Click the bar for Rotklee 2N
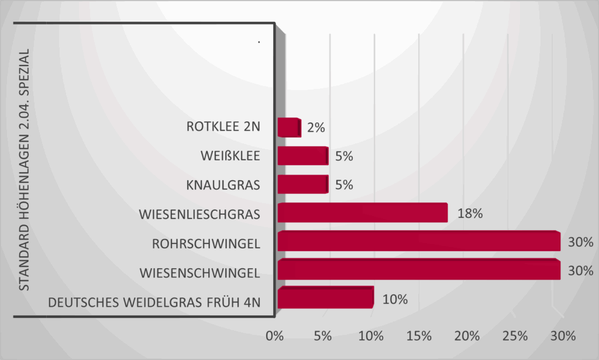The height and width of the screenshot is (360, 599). [288, 128]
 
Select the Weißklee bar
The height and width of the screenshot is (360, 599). [302, 156]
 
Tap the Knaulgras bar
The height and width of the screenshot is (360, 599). [302, 184]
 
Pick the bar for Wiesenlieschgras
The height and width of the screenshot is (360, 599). [363, 213]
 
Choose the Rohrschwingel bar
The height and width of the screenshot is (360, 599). [419, 242]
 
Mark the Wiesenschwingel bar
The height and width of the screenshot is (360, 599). [419, 270]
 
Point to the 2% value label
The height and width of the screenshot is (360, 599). [316, 128]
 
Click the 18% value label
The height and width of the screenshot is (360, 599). [470, 214]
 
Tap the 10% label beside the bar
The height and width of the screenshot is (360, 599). [395, 299]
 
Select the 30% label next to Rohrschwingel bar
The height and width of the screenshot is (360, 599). [581, 242]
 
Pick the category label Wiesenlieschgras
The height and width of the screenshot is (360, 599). [199, 214]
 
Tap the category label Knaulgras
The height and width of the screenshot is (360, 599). [223, 185]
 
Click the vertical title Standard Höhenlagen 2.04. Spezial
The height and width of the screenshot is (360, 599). [24, 170]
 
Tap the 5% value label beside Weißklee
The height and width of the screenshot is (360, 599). [344, 156]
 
